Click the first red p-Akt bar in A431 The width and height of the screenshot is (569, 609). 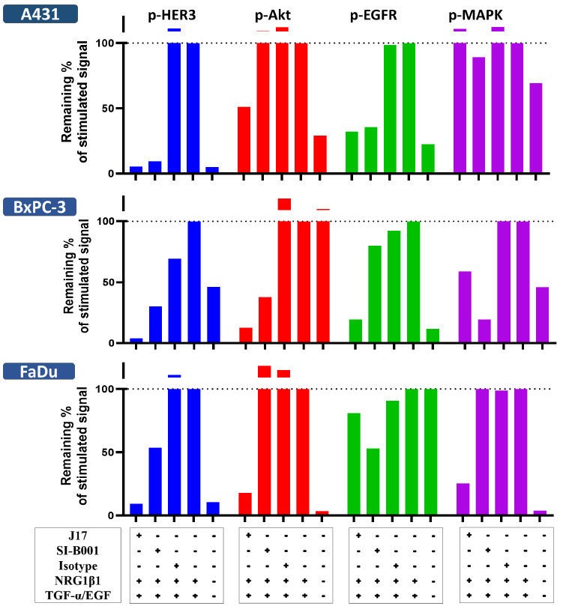click(x=244, y=140)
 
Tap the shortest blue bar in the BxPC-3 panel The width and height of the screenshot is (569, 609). click(x=136, y=341)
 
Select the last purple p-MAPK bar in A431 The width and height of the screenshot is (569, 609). click(x=535, y=128)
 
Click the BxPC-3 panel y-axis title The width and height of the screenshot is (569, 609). click(x=78, y=282)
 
